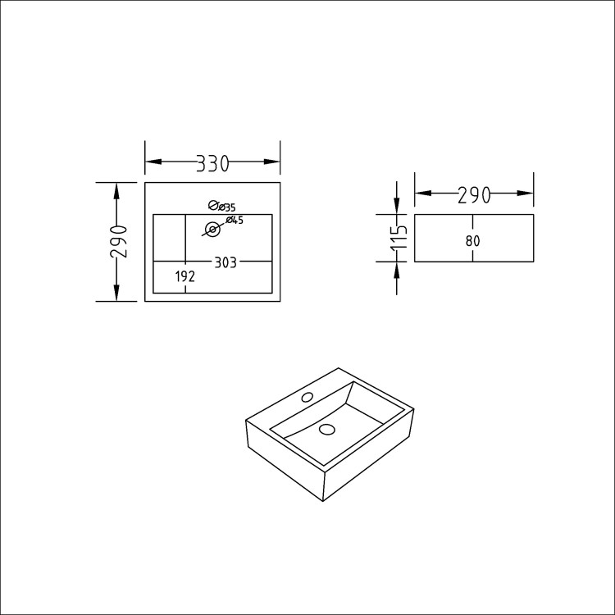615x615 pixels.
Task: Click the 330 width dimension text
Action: (x=212, y=163)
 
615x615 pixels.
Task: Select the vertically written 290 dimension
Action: (x=119, y=240)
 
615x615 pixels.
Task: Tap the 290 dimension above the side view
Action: (x=474, y=194)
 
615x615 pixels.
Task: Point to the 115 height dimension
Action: (x=399, y=238)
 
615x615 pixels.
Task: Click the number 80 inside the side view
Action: (x=471, y=241)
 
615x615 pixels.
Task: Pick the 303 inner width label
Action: (x=225, y=262)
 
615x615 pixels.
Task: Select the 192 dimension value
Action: (x=185, y=277)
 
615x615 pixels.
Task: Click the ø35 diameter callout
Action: (x=222, y=207)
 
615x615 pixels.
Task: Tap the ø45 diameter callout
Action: (x=235, y=220)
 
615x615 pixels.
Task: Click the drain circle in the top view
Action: (x=212, y=230)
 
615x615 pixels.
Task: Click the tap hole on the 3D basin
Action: (x=307, y=398)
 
